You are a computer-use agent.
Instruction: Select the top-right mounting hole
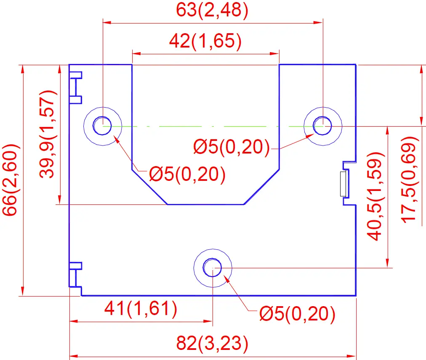tap(323, 125)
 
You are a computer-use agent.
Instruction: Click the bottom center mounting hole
tap(213, 267)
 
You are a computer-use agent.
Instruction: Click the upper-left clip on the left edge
tap(75, 87)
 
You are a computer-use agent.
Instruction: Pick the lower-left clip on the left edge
tap(75, 276)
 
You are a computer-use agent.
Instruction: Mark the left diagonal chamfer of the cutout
tap(150, 188)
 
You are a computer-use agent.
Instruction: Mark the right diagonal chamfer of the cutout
tap(262, 188)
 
